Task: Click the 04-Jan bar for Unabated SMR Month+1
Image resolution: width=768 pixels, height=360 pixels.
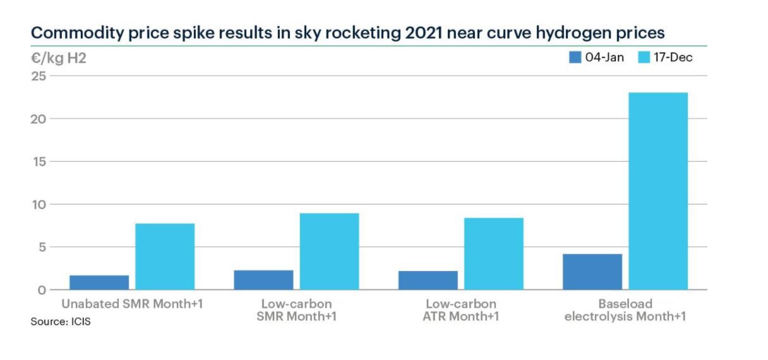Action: (x=99, y=282)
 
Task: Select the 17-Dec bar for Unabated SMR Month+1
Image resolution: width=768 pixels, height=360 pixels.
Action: (x=165, y=256)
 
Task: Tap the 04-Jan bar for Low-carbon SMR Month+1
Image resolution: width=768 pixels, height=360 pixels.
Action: (x=263, y=280)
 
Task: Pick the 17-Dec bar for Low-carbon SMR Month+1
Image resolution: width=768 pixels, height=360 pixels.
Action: (x=329, y=251)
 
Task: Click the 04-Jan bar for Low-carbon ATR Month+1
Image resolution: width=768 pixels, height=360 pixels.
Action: (x=428, y=280)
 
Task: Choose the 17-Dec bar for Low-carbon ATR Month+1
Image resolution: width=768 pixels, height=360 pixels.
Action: (x=493, y=253)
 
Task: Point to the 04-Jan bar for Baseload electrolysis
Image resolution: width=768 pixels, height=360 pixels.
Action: (x=592, y=272)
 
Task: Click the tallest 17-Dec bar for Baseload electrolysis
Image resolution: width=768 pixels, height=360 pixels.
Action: (x=657, y=191)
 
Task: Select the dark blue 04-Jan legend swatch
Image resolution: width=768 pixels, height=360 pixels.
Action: (x=575, y=57)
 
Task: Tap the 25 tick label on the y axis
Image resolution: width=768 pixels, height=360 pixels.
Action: (x=39, y=76)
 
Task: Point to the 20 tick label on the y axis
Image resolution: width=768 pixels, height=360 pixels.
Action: (x=39, y=119)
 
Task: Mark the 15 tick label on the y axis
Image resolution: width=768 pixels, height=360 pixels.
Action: (x=39, y=162)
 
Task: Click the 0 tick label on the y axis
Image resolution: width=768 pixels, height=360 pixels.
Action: (x=42, y=290)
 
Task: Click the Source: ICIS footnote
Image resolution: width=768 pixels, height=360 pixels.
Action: (x=61, y=322)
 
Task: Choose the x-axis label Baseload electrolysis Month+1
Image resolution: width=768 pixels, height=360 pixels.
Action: (x=625, y=309)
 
